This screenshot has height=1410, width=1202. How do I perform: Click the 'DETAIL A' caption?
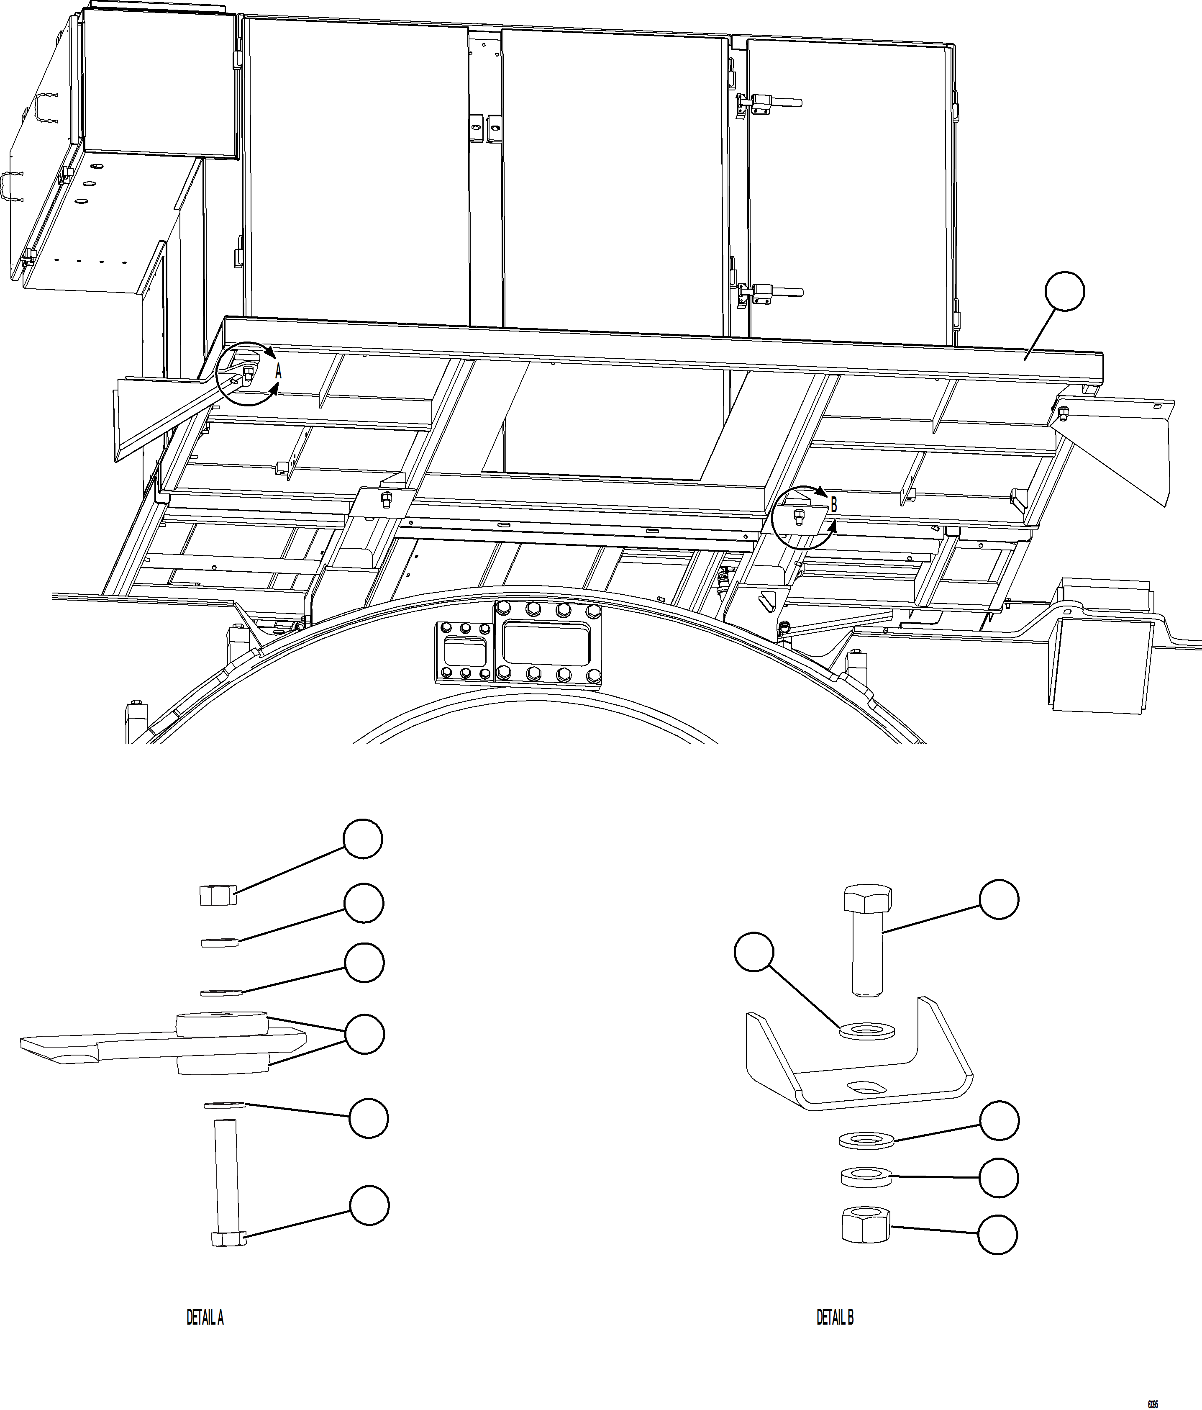click(x=205, y=1318)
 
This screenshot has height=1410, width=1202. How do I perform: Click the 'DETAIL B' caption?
click(x=835, y=1318)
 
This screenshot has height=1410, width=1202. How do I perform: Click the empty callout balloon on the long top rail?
click(x=1064, y=291)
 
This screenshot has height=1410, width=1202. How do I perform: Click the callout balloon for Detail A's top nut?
click(x=363, y=839)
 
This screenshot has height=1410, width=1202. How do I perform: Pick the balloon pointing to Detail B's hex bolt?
click(x=999, y=900)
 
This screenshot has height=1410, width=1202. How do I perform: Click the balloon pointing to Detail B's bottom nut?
click(x=997, y=1234)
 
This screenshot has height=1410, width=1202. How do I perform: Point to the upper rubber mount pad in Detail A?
click(x=220, y=1023)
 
